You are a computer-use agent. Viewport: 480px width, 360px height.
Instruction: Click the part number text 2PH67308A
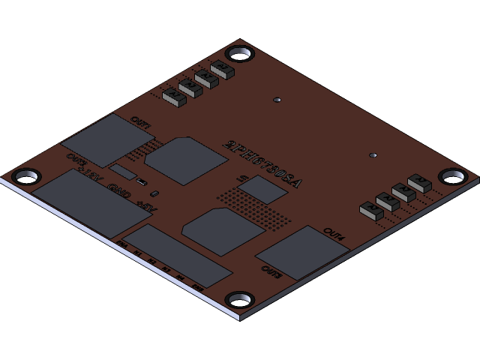click(x=263, y=163)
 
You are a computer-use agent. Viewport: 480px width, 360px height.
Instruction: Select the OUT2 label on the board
click(x=76, y=159)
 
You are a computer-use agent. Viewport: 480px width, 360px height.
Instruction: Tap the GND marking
click(x=118, y=189)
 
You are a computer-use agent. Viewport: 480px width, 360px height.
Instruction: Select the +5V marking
click(x=145, y=202)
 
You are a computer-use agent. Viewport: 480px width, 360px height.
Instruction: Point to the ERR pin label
click(x=198, y=286)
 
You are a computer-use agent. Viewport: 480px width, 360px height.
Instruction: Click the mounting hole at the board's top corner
click(x=240, y=53)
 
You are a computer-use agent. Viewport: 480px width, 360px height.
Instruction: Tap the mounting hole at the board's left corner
click(x=27, y=176)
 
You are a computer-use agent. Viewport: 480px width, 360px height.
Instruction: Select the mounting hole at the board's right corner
click(x=452, y=176)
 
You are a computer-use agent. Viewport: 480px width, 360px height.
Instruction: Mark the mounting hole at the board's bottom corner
click(x=240, y=300)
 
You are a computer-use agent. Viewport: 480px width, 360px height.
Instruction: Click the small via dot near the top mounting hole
click(x=277, y=100)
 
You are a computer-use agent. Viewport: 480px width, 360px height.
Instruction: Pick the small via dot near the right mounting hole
click(x=373, y=155)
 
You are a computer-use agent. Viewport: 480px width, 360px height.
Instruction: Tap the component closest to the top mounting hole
click(x=223, y=70)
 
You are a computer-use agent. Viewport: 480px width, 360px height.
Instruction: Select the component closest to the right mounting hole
click(x=420, y=183)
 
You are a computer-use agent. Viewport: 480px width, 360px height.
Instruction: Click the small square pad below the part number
click(x=263, y=190)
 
